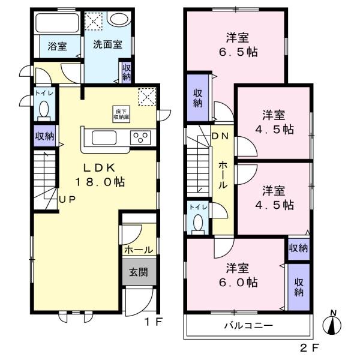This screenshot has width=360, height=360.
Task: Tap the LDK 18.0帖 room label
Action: [x=100, y=175]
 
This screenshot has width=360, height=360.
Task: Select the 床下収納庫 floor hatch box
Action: [x=121, y=114]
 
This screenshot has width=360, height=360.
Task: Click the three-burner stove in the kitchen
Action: [x=140, y=137]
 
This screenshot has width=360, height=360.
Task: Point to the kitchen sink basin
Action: [x=104, y=138]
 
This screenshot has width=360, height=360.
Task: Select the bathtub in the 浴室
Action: [x=58, y=23]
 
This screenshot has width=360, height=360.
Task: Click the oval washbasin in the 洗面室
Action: [x=119, y=19]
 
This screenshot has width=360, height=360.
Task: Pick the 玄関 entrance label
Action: [x=139, y=272]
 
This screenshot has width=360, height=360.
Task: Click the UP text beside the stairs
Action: [x=67, y=200]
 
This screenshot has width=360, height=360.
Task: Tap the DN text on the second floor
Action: [x=220, y=136]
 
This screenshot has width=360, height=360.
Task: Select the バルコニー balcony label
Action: [x=248, y=325]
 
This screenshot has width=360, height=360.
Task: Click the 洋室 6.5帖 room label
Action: [x=238, y=45]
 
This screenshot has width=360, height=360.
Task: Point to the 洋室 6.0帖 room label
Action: [x=238, y=275]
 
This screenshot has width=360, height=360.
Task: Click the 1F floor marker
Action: [x=154, y=322]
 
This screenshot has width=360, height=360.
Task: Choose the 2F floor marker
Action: [x=309, y=348]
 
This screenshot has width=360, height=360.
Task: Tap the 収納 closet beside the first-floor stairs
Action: [x=45, y=136]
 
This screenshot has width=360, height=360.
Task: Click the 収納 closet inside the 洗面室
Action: [x=126, y=72]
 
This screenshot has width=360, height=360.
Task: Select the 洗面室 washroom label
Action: [x=107, y=44]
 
